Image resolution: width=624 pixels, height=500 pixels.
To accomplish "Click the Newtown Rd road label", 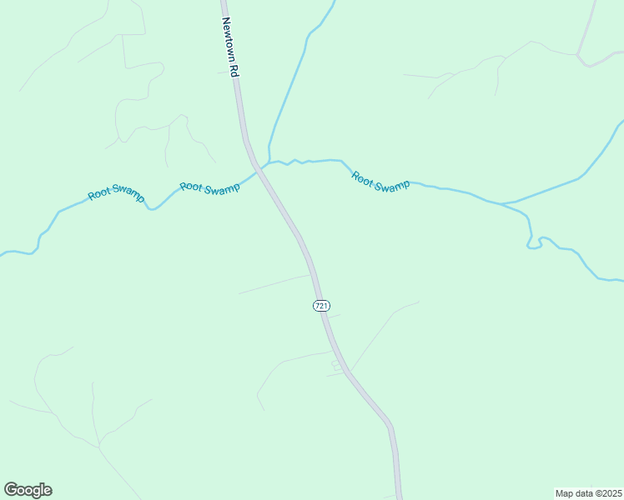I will (x=231, y=47).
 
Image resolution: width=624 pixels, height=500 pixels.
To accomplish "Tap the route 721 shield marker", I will (x=321, y=306).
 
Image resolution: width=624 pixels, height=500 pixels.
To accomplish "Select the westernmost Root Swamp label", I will (x=117, y=194).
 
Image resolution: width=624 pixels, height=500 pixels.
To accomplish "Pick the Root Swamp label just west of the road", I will (x=209, y=188).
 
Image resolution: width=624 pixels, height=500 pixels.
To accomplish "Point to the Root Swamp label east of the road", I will (x=380, y=181).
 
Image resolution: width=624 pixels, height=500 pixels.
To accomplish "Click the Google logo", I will (x=28, y=490).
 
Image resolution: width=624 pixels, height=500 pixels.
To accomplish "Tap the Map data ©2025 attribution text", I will (x=589, y=492).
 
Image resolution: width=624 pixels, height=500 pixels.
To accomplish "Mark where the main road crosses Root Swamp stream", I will (x=261, y=168).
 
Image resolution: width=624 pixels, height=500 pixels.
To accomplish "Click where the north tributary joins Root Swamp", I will (x=269, y=161).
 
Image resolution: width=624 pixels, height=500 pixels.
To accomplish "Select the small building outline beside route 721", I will (x=336, y=364).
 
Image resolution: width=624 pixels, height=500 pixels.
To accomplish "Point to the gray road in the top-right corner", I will (x=589, y=33).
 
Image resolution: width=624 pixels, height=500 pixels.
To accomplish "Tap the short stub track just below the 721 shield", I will (x=333, y=317).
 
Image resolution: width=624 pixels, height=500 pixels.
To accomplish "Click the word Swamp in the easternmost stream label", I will (x=391, y=186).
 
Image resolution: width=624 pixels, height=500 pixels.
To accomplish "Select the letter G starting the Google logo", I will (x=11, y=490).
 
